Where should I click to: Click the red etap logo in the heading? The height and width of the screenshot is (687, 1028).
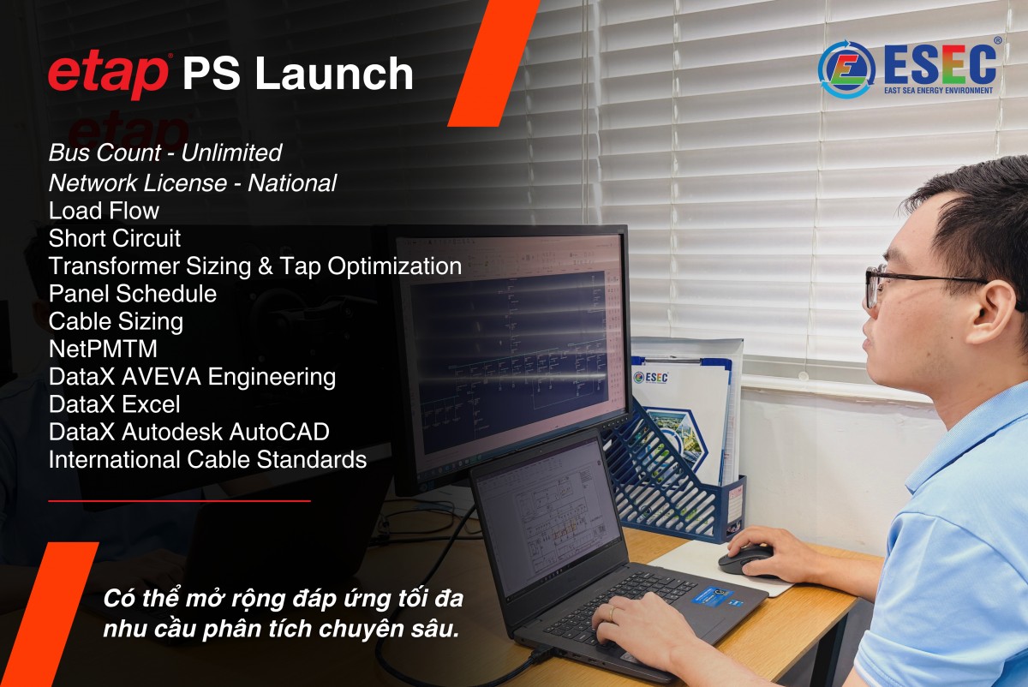point(108,75)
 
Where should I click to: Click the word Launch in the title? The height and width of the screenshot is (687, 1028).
point(335,74)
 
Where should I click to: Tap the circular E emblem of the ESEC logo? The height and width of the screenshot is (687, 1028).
point(846,69)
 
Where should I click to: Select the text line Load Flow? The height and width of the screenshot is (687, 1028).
point(105,211)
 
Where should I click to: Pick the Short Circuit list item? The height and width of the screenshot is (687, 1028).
point(115,238)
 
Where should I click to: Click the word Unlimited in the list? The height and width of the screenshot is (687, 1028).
point(231,152)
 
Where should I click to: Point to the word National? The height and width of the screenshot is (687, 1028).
point(292,182)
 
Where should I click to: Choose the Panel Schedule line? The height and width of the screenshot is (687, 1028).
point(133,294)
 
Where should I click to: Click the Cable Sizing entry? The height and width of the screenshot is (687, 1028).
point(117,322)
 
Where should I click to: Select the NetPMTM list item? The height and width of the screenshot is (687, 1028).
point(104,349)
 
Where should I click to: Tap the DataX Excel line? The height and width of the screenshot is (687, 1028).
point(115,404)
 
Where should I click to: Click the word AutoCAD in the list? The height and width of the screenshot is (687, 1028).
point(279,432)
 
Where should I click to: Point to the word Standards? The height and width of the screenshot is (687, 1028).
point(312,459)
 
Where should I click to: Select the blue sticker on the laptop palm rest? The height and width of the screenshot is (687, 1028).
point(712,595)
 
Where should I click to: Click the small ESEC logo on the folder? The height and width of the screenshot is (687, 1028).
point(650,377)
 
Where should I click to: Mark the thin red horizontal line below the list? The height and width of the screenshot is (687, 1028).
point(179,500)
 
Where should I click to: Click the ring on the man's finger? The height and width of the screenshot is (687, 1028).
point(613,612)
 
